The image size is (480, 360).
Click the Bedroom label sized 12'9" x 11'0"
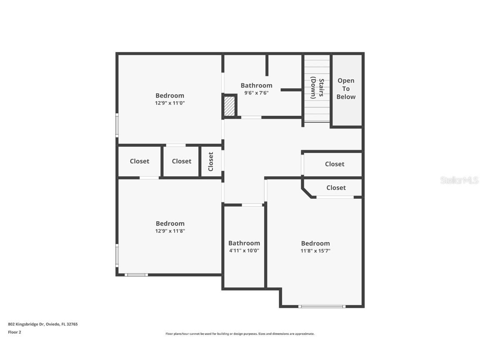coord(170,95)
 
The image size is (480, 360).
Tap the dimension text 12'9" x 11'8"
coord(170,231)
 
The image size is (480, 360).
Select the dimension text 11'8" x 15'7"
coord(315,251)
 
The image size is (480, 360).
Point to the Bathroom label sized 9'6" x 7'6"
coord(256,85)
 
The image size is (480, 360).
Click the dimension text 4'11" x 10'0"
coord(244,250)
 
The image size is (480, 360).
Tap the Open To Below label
coord(346,88)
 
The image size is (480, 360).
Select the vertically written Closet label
coord(211,161)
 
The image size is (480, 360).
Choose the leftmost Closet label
coord(139,161)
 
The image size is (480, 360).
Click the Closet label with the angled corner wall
coord(336,187)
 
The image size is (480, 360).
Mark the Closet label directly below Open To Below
coord(335,164)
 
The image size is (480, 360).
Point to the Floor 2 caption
coord(14,332)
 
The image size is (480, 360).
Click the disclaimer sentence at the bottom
coord(240,334)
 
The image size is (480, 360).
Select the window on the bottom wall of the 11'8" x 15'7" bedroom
coord(322,307)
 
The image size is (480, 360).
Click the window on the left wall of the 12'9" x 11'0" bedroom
coord(117,125)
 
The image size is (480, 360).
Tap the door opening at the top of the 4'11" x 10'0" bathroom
coord(252,205)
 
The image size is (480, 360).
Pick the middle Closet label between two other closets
coord(182,161)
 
